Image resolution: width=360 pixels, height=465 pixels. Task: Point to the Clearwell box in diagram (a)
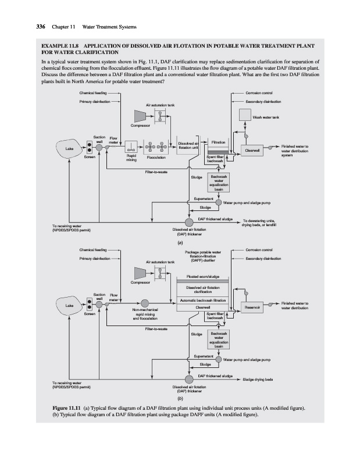point(253,150)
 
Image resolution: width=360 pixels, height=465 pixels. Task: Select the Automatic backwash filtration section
point(202,300)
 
